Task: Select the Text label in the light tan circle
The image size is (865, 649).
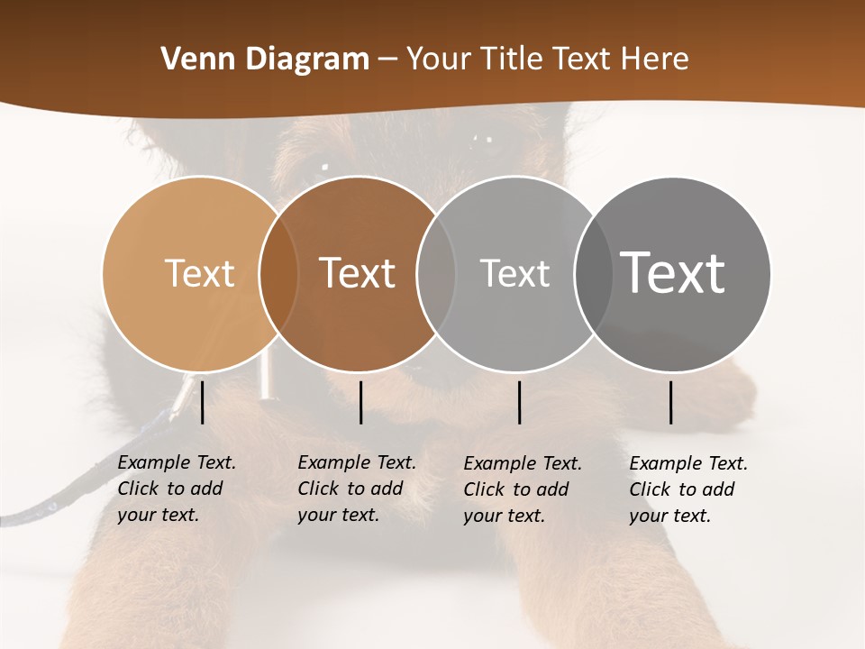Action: point(199,273)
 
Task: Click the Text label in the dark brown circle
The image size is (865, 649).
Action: point(358,273)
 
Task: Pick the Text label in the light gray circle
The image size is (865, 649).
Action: point(514,273)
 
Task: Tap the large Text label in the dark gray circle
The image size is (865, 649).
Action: point(673,273)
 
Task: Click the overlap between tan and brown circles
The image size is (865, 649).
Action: point(278,273)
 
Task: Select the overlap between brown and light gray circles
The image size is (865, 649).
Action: point(436,273)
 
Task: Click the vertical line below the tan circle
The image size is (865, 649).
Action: point(203,402)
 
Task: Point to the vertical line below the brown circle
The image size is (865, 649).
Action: point(360,402)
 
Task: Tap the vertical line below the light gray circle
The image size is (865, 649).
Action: point(520,402)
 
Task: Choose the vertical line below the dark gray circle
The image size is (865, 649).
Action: point(671,402)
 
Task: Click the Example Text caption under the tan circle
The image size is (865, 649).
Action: point(177,489)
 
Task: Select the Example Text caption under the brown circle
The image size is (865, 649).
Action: point(357,489)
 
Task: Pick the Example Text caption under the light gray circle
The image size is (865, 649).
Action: point(523,489)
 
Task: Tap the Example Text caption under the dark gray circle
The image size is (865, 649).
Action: point(688,489)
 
